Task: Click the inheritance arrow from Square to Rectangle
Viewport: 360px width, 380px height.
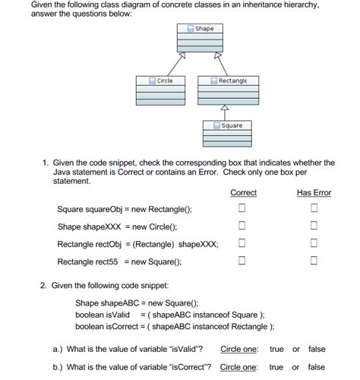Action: [223, 112]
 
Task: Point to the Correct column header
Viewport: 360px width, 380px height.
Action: [243, 193]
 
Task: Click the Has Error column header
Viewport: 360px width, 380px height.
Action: [314, 193]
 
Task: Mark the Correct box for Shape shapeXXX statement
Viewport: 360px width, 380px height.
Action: [242, 226]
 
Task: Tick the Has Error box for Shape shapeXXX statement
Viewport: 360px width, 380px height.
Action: [313, 226]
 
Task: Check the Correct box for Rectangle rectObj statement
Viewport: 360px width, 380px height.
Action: [242, 243]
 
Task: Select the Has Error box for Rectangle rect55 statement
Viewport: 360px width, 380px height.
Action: [313, 261]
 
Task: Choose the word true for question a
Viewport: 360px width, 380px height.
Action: [276, 350]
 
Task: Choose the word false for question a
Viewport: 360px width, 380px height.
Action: [317, 350]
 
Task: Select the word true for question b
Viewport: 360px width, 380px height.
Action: [276, 367]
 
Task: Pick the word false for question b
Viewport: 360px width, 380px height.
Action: [317, 367]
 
